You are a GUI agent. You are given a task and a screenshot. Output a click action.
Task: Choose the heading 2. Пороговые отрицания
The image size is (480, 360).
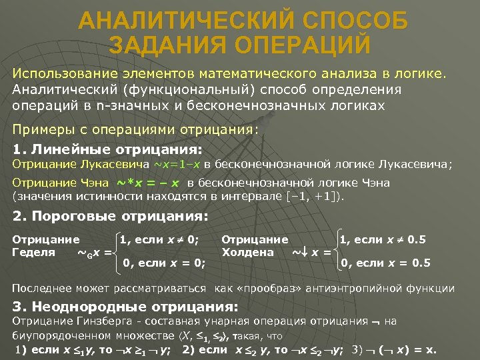click(x=111, y=216)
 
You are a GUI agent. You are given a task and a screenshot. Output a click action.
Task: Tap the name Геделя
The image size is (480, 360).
click(x=34, y=252)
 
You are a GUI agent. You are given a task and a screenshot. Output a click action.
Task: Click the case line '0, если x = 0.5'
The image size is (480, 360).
click(x=385, y=263)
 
